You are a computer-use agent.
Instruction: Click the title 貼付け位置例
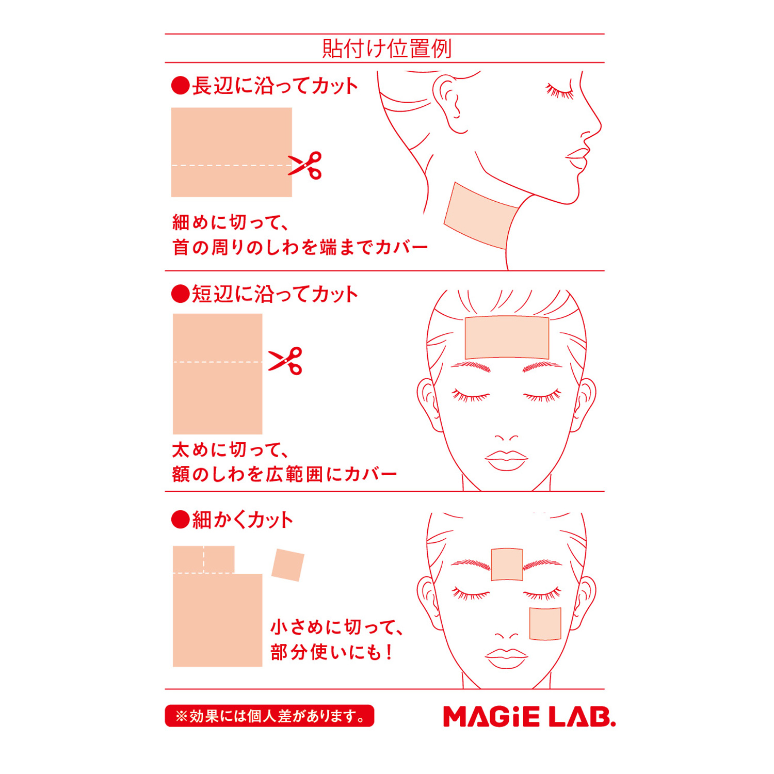coord(387,49)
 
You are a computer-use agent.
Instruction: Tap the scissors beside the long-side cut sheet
coord(305,165)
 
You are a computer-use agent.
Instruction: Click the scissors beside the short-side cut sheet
coord(285,360)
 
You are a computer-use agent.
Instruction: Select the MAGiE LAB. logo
coord(529,716)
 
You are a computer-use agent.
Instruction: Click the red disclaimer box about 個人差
coord(269,716)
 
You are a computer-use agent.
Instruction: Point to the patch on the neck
coord(480,216)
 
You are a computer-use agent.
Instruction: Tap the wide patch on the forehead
coord(507,337)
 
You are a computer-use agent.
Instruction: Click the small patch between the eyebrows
coord(507,565)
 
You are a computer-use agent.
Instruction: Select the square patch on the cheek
coord(545,624)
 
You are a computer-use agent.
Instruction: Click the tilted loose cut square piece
coord(288,565)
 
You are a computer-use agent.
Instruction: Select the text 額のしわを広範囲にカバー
coord(284,474)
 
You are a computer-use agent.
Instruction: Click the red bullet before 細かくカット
coord(180,520)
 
